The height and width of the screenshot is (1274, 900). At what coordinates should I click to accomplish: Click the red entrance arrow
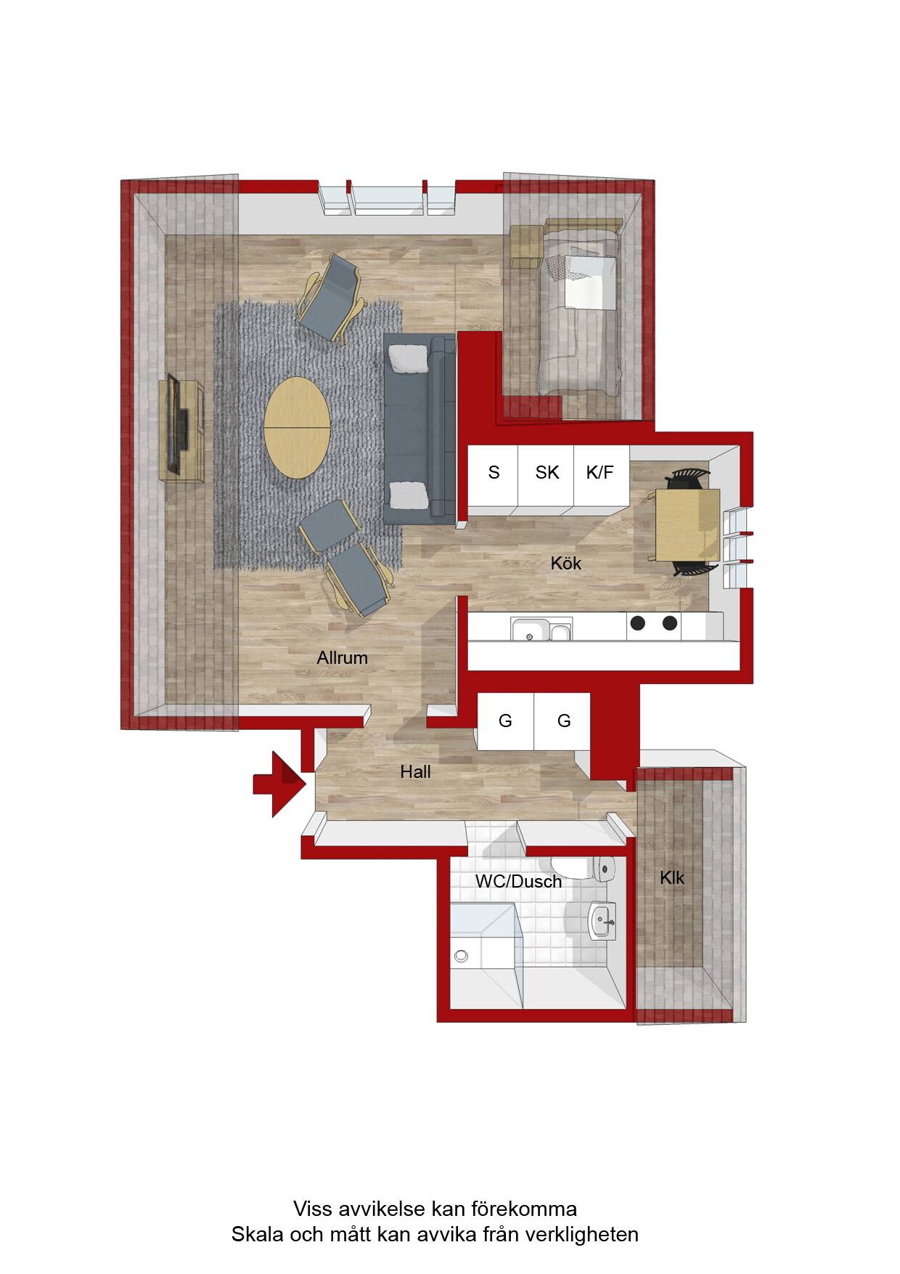coord(280,784)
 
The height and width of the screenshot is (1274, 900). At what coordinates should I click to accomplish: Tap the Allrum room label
coord(342,658)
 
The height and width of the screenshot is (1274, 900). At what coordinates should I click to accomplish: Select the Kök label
coord(566,563)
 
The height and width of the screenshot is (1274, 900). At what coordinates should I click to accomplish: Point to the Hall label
coord(415,771)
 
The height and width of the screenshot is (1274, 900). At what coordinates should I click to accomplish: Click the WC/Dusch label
coord(518,882)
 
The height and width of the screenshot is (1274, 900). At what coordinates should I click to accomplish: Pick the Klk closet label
coord(671,877)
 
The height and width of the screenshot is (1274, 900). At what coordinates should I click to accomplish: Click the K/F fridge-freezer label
coord(600,473)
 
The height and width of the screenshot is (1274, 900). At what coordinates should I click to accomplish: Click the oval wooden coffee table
coord(297,427)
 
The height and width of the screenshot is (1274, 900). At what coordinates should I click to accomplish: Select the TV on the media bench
coord(176,423)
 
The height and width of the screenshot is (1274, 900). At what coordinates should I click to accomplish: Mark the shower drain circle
coord(460,956)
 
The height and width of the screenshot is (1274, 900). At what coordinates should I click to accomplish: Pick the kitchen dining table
coord(687,525)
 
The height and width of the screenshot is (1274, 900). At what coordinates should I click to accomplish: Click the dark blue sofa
coord(419,429)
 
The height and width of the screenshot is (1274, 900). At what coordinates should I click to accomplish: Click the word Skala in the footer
coord(254,1234)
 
